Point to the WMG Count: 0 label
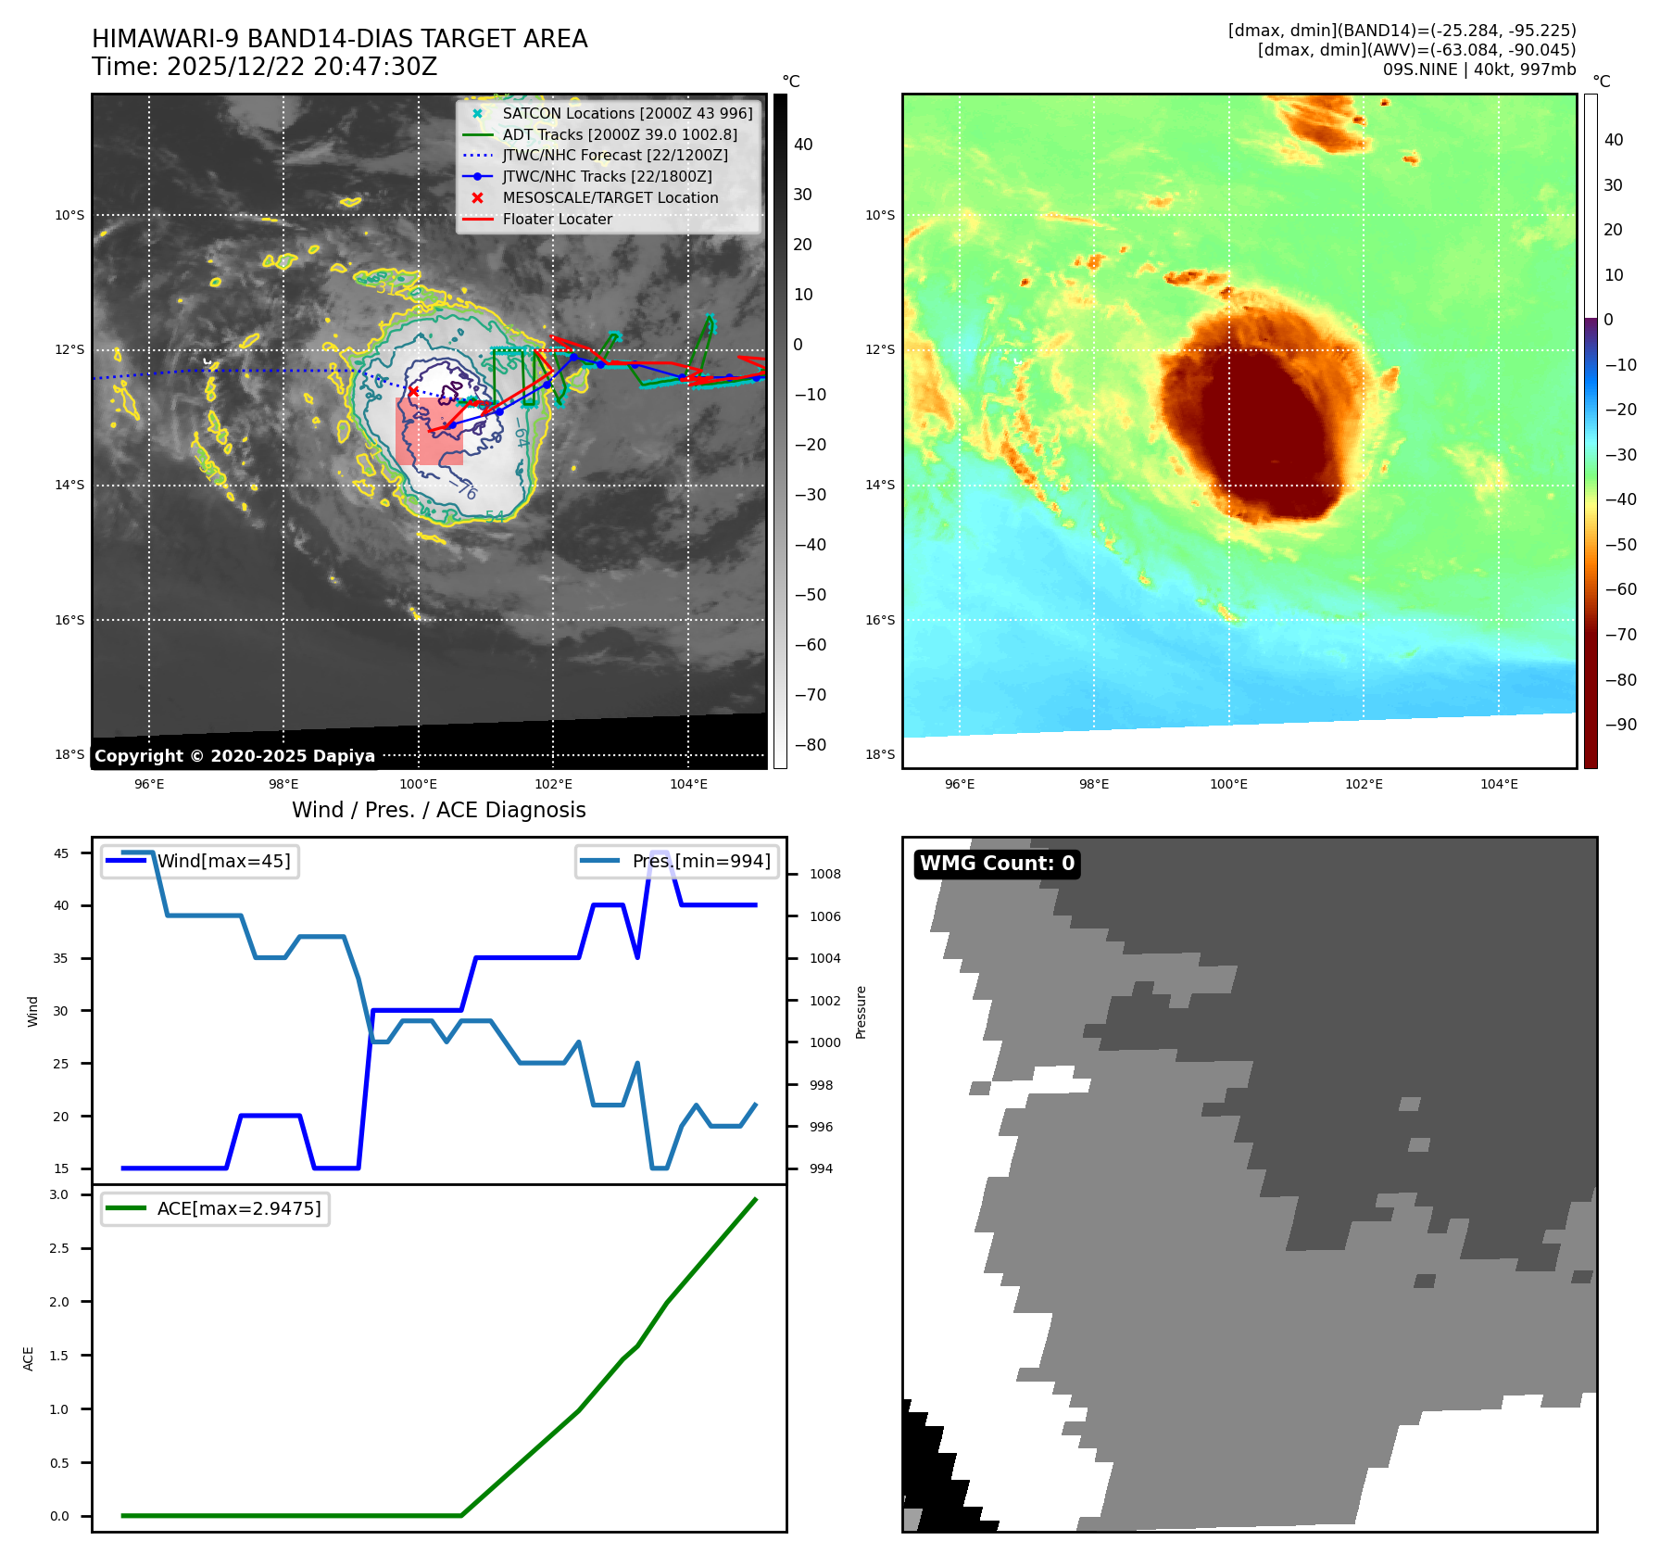997,864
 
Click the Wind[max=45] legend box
200,861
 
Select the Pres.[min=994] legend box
676,861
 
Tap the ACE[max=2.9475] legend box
215,1208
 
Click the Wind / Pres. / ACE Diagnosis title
438,810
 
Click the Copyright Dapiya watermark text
234,756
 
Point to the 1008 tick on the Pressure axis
824,874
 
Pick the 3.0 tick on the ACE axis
59,1194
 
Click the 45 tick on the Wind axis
61,853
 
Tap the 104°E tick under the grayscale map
688,784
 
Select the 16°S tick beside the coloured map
880,620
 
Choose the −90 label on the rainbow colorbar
1620,725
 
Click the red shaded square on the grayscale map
429,432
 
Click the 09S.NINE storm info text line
1478,69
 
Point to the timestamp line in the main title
264,67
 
